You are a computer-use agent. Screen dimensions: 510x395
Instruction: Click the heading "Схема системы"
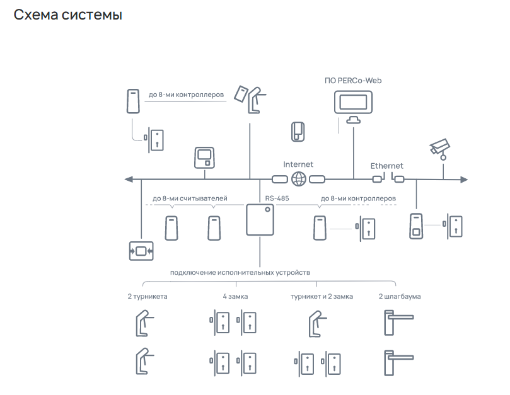68,15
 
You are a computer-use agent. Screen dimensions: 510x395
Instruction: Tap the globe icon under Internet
299,179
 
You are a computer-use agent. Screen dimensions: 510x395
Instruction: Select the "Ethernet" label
386,166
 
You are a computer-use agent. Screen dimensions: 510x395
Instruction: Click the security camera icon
440,149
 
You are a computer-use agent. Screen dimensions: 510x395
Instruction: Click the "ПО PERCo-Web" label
353,81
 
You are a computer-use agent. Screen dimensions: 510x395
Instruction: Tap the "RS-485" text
277,198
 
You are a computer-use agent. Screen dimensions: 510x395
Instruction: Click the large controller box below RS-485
260,219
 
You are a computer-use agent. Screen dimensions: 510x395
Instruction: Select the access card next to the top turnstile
241,94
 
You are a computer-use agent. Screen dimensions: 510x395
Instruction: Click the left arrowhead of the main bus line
129,179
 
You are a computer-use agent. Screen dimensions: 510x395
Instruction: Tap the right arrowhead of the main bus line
464,180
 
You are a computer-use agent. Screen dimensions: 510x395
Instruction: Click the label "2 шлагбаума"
400,297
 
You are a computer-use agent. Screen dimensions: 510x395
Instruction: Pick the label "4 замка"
235,297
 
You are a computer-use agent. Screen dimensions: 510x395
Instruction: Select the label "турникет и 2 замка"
322,297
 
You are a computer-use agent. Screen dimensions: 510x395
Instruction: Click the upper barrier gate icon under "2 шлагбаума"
399,323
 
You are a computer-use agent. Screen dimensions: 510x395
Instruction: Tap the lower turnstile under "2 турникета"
144,361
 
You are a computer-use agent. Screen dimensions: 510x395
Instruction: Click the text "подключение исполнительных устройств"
240,272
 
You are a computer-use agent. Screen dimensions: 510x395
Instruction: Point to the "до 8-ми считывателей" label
190,198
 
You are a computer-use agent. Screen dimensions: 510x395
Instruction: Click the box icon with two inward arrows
141,251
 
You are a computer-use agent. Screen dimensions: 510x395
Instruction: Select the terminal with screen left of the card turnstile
205,157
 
